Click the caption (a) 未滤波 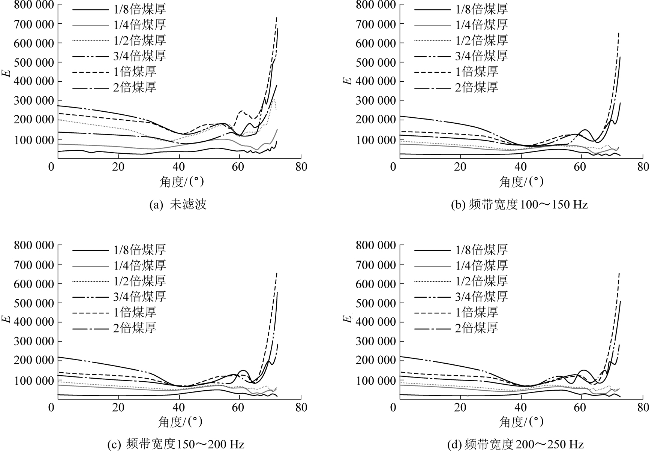(178, 205)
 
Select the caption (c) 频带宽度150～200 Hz (175, 445)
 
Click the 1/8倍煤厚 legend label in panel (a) (139, 9)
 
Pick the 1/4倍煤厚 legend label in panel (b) (481, 24)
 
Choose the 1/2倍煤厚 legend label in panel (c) (139, 281)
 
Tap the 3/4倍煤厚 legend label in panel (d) (481, 297)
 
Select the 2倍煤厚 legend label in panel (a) (135, 87)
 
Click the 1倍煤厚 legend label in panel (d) (477, 312)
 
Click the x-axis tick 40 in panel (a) (180, 166)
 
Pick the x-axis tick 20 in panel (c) (118, 407)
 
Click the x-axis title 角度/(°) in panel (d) (521, 422)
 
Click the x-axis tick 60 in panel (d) (581, 407)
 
